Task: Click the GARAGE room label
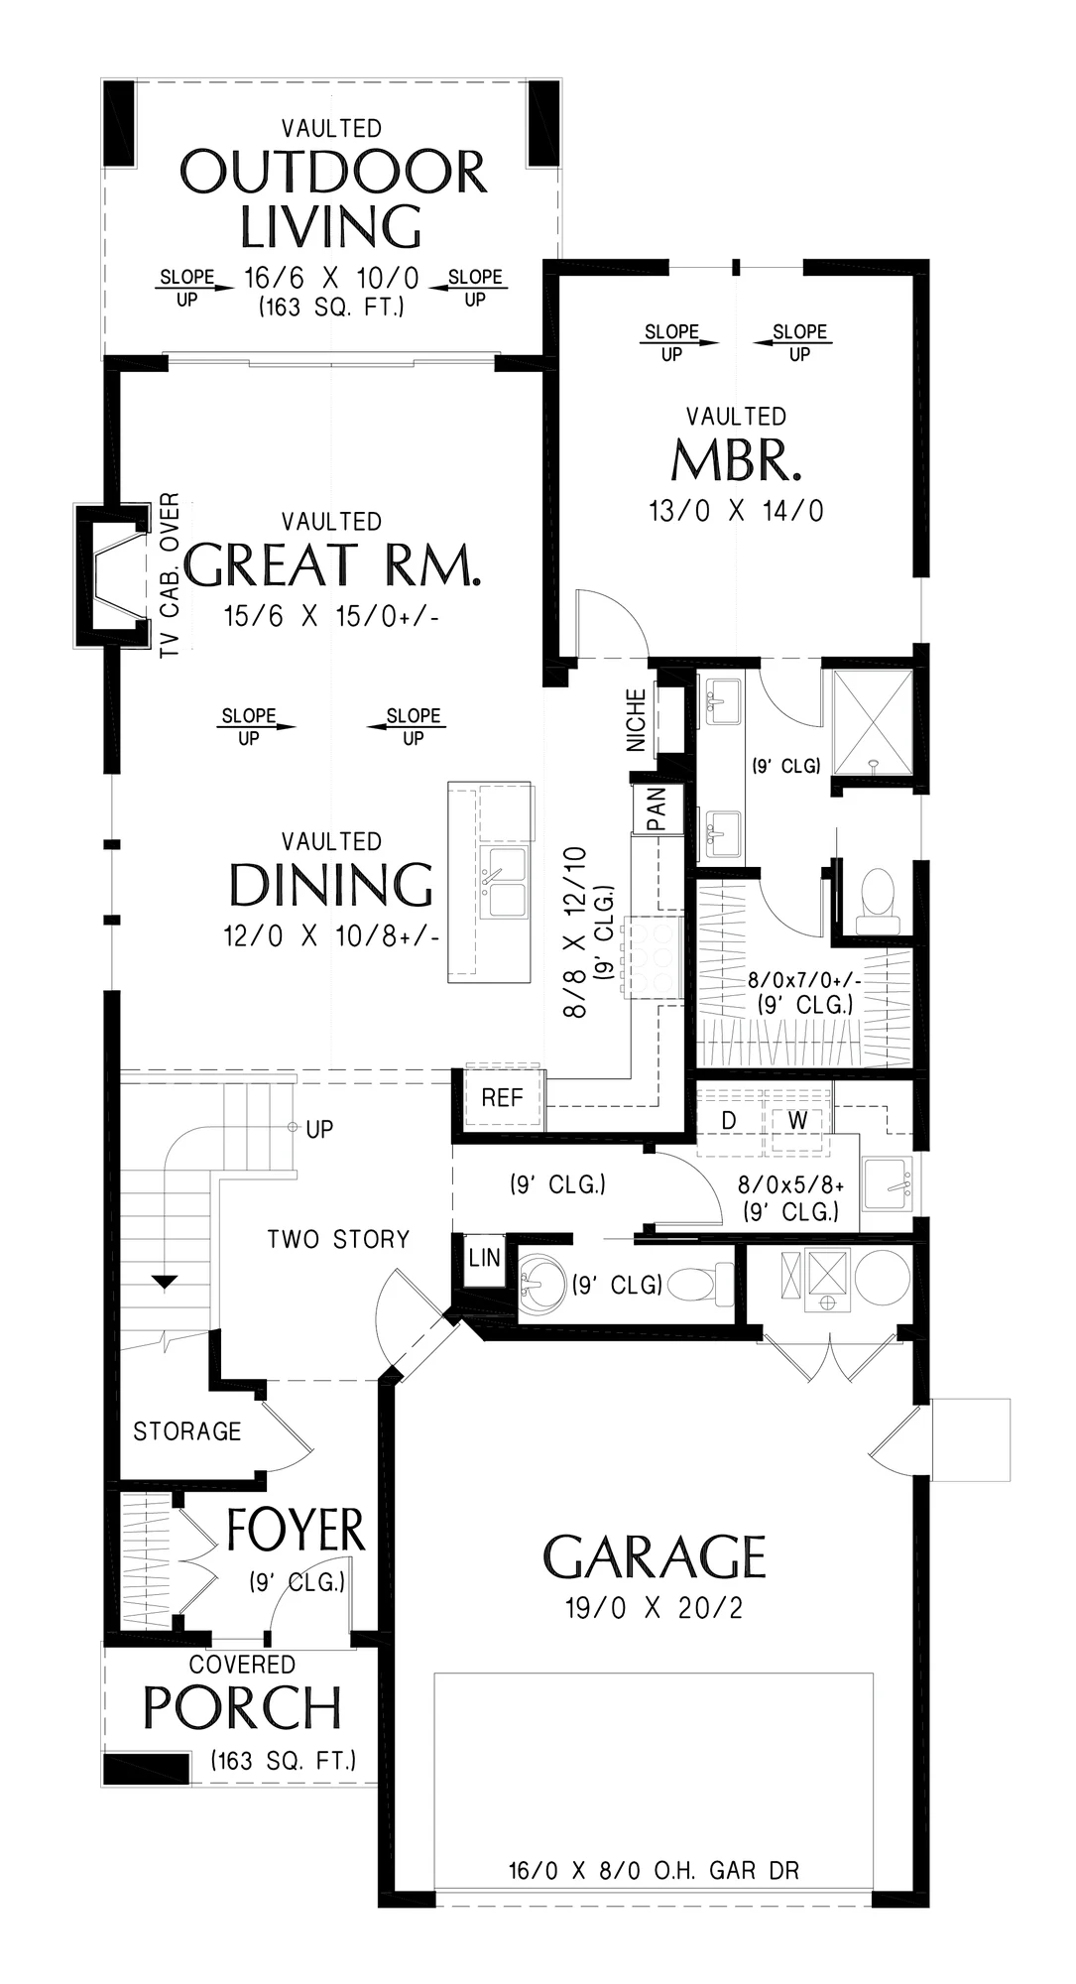(655, 1556)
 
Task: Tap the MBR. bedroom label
(736, 459)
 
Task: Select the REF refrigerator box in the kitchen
(503, 1098)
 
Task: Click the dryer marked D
(729, 1120)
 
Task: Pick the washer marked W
(798, 1120)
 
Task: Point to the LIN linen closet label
(485, 1259)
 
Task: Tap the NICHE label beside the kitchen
(637, 720)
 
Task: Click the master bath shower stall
(872, 721)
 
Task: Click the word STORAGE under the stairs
(187, 1431)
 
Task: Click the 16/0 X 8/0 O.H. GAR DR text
(655, 1871)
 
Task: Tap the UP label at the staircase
(320, 1129)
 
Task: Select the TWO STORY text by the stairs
(339, 1239)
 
